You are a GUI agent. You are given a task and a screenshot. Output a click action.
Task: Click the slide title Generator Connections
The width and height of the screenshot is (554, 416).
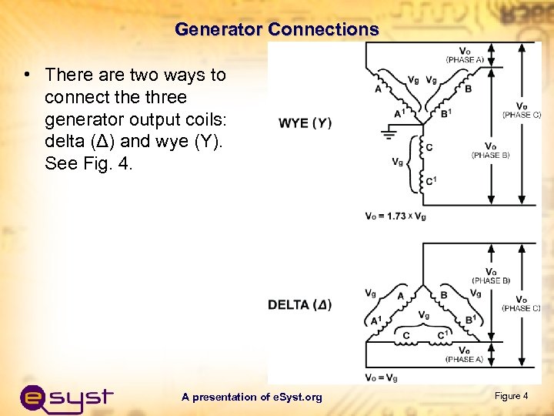(x=277, y=30)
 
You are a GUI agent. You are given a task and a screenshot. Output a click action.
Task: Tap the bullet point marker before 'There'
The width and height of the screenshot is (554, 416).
(x=27, y=75)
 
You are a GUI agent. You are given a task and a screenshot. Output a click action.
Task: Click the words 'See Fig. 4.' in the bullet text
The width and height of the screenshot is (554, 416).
(x=88, y=164)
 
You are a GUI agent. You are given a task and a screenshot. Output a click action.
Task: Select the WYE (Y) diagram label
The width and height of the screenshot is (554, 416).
(x=305, y=123)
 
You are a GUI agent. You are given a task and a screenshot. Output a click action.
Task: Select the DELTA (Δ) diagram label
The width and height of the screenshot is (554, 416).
(x=300, y=304)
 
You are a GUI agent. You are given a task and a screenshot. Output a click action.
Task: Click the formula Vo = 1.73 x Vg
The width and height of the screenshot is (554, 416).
(x=395, y=216)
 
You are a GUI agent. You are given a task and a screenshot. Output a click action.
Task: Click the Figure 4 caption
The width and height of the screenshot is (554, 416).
(x=511, y=396)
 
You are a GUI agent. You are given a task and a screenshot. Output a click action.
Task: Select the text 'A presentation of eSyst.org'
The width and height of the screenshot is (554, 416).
(x=252, y=397)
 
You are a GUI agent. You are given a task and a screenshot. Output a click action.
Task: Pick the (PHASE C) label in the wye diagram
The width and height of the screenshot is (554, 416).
(x=521, y=115)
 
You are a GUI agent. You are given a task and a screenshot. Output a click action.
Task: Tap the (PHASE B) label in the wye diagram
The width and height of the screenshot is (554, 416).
(x=490, y=156)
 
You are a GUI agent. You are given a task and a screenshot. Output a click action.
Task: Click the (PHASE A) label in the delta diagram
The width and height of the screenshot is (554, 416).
(x=465, y=359)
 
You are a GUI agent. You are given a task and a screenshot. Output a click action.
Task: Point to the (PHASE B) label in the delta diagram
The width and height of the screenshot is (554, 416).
(x=491, y=280)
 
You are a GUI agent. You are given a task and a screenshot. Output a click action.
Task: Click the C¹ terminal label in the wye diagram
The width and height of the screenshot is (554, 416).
(x=432, y=181)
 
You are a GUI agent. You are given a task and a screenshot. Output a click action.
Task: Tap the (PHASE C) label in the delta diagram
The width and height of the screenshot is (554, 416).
(x=521, y=308)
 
